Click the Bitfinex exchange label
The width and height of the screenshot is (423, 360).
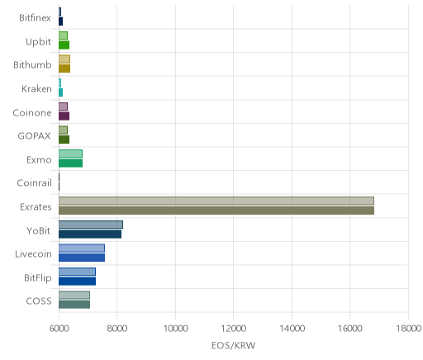tap(35, 18)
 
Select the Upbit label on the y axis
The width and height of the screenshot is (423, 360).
tap(38, 42)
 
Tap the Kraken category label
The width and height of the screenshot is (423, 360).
tap(36, 89)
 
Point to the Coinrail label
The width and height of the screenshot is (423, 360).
tap(35, 183)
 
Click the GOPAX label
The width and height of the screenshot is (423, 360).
tap(35, 136)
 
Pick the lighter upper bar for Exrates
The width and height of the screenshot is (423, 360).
tap(216, 201)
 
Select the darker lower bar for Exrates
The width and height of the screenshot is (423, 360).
tap(216, 211)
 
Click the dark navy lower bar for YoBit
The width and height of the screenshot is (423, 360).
tap(90, 234)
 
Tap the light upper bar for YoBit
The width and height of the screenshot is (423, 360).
tap(91, 225)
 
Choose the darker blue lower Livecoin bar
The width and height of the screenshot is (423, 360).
tap(82, 258)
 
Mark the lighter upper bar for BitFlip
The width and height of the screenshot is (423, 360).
tap(77, 272)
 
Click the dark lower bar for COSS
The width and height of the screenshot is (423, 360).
tap(74, 305)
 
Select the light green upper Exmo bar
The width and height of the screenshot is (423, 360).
tap(70, 154)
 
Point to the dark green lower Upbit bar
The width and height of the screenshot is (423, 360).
tap(64, 45)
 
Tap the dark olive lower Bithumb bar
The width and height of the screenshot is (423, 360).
tap(64, 69)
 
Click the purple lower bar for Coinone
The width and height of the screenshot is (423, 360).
tap(64, 116)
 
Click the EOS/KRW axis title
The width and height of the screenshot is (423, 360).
tap(233, 345)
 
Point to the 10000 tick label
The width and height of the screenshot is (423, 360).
tap(175, 329)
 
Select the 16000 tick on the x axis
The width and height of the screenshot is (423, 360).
tap(350, 329)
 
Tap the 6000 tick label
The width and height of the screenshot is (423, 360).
tap(59, 329)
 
